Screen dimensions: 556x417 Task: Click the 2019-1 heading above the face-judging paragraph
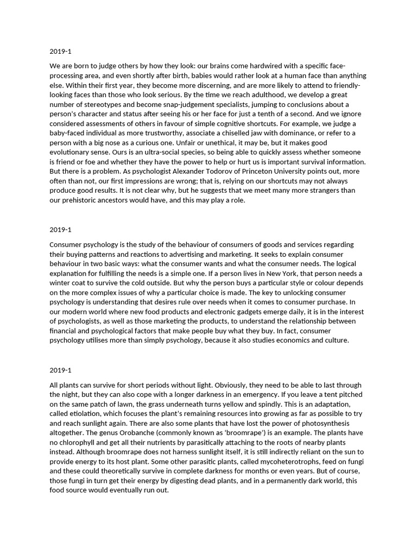pyautogui.click(x=60, y=52)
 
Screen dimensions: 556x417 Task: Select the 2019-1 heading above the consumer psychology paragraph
pyautogui.click(x=60, y=229)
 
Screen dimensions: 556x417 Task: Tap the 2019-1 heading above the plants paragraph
pyautogui.click(x=60, y=370)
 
